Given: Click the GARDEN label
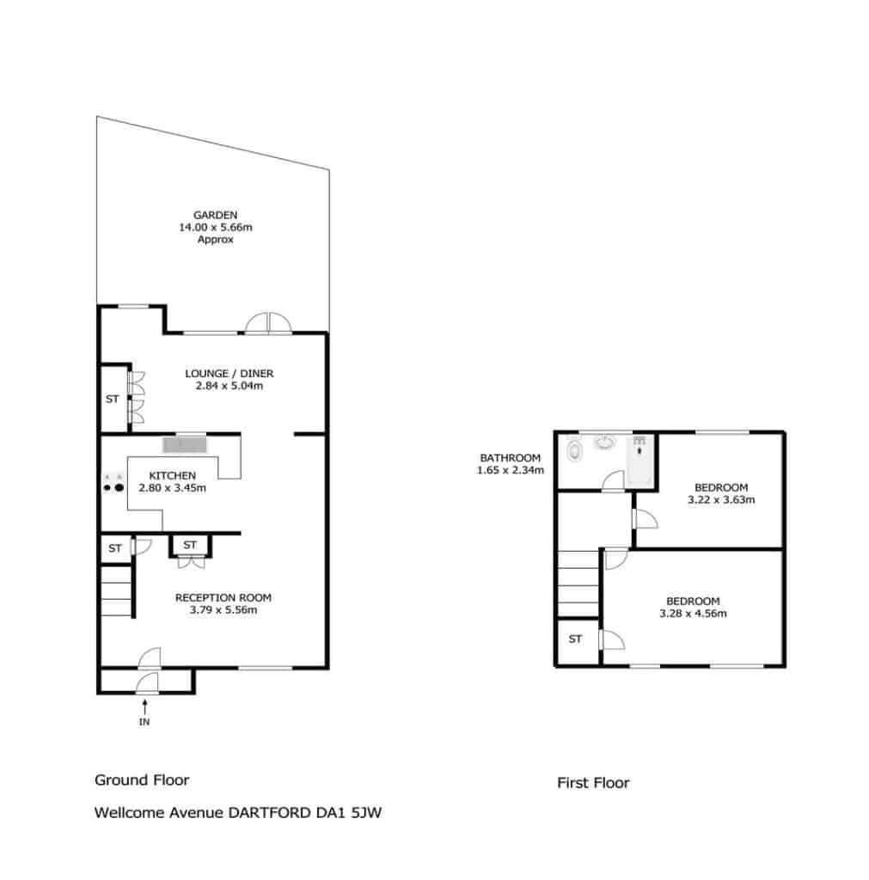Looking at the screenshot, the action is coord(215,215).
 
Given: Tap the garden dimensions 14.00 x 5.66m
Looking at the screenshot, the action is coord(215,227).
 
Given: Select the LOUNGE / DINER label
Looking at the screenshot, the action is coord(229,373).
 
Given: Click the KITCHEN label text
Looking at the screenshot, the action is coord(173,475).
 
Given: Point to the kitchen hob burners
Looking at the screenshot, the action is coord(113,483).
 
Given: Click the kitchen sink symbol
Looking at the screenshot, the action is coord(185,445).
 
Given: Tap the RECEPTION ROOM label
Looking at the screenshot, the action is coord(223,598).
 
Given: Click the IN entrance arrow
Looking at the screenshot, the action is coord(144,706).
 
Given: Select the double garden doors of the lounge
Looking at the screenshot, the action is coord(268,324).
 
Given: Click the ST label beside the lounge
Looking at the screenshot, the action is coord(113,399).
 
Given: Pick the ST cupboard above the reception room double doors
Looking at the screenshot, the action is coord(190,545).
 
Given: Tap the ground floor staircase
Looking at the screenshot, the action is coord(117,590).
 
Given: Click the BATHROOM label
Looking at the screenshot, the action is coord(511,458).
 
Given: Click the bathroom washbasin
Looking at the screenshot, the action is coord(605,443).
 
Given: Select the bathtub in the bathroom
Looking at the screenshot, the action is coord(640,461).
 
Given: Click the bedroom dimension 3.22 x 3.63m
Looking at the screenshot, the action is coord(721,499).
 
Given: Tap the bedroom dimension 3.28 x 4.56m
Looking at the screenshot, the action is coord(694,614).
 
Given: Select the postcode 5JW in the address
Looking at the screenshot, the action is coord(366,813).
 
